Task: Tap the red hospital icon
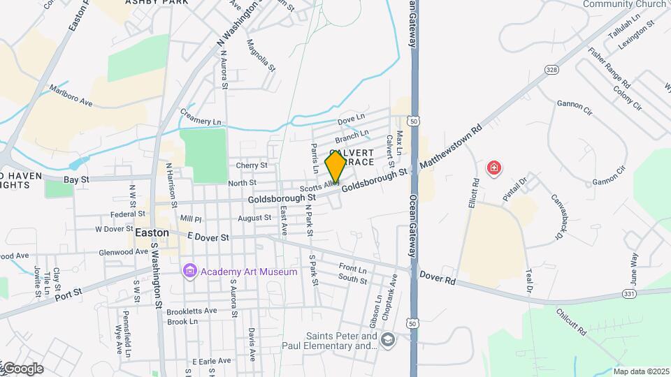coord(493,168)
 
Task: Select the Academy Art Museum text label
coord(248,272)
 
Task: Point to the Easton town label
coord(152,232)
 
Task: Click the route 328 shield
coord(552,70)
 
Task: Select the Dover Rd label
coord(438,276)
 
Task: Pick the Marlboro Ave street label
coord(71,96)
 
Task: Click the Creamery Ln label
coord(201,117)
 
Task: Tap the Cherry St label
coord(252,165)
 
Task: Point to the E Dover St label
coord(208,237)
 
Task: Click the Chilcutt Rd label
coord(572,320)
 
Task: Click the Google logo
coord(22,369)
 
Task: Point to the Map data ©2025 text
coord(641,371)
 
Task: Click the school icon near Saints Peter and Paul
coord(388,340)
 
